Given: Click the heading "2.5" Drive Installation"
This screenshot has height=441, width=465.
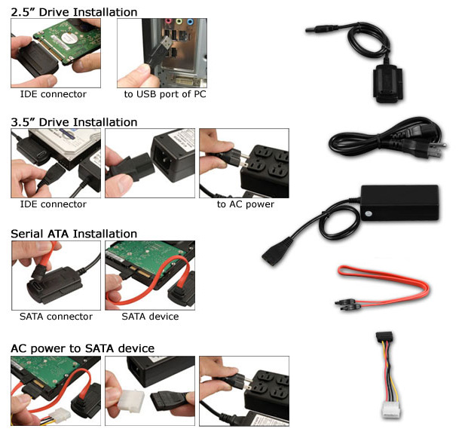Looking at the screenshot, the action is pos(74,12).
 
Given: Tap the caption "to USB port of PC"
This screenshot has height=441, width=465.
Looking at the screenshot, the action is pos(165,94).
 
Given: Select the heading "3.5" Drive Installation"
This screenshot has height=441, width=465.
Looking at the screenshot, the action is pos(74,122).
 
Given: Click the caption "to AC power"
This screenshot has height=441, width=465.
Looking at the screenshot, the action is pos(246,204).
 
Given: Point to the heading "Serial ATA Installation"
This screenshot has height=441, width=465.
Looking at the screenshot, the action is pos(74,234).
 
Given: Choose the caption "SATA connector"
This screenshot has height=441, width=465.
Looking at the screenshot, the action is pos(56,317).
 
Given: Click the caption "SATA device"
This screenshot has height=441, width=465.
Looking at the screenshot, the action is pos(150,317).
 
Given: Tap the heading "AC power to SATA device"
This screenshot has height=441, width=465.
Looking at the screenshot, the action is pos(82,348).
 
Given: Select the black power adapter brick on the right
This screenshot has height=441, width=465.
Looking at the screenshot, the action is pos(399,203).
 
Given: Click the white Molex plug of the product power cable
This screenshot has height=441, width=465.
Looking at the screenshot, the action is pos(391,409).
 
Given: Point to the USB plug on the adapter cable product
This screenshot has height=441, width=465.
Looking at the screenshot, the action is pos(321,29).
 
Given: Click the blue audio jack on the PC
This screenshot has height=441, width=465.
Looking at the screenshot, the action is pos(190,21).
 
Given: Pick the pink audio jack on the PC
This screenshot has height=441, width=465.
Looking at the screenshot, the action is pos(168,21).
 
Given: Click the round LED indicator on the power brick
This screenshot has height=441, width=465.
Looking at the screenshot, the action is pos(368,213).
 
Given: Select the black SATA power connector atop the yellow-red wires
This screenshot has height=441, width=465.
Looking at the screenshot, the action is pos(384,337).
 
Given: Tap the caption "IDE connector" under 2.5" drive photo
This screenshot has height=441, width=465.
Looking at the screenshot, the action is pos(53,94).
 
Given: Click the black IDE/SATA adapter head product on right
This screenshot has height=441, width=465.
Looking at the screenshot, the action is pos(388,84).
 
